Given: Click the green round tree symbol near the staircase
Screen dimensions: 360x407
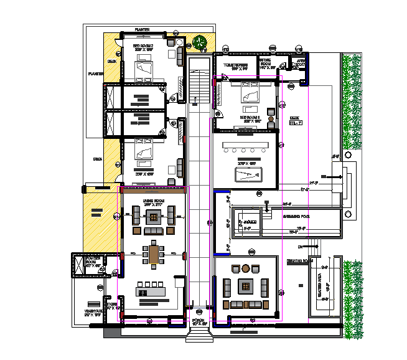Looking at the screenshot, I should tap(200, 43).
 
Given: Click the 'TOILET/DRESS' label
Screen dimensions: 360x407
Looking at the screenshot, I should tap(236, 64).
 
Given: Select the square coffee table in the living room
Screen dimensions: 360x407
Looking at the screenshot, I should tap(152, 217).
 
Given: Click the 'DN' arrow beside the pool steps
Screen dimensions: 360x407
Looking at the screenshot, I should tap(299, 247).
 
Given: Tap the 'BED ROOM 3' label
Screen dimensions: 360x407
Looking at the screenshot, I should tap(250, 116).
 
